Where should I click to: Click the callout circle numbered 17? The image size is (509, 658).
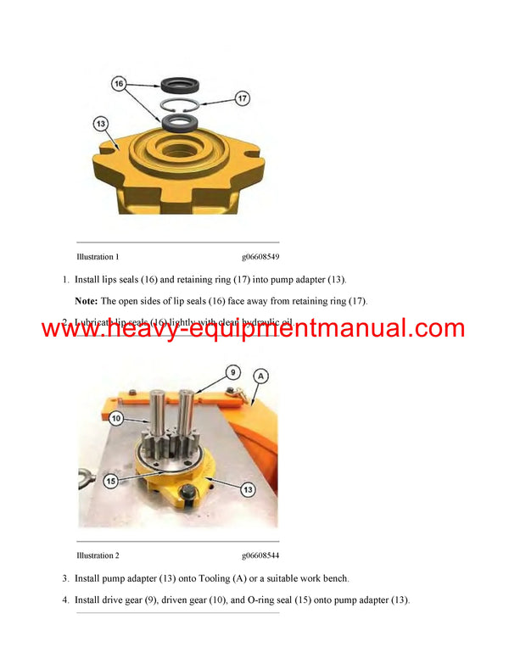tap(241, 99)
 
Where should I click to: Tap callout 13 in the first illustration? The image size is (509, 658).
tap(101, 125)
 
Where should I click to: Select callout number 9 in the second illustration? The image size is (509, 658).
tap(232, 373)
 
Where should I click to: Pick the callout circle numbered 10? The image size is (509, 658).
tap(116, 418)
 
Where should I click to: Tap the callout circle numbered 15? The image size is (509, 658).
tap(110, 481)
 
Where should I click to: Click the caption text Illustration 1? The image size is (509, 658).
tap(98, 256)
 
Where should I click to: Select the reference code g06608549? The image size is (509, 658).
tap(260, 256)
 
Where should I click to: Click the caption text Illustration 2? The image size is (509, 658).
tap(98, 555)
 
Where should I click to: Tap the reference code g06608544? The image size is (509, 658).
tap(260, 555)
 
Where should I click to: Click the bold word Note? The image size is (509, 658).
tap(86, 301)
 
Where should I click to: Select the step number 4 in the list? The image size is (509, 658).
tap(64, 600)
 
